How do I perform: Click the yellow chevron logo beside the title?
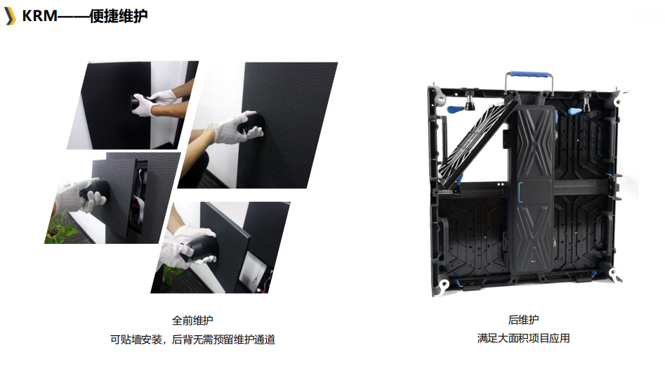coord(9,16)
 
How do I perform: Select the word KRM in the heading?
coord(39,16)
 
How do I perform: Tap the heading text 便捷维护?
coord(119,16)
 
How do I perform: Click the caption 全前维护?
coord(192,321)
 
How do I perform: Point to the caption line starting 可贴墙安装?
coord(192,339)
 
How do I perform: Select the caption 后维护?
coord(523,320)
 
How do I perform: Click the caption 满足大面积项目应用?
coord(523,339)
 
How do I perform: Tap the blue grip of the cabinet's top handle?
coord(529,75)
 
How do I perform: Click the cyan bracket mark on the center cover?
coord(520,193)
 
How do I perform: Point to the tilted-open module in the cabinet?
coord(477,142)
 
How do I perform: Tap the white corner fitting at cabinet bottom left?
coord(442,285)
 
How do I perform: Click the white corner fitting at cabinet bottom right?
coord(615,274)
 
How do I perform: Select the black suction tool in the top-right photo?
coord(251,123)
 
